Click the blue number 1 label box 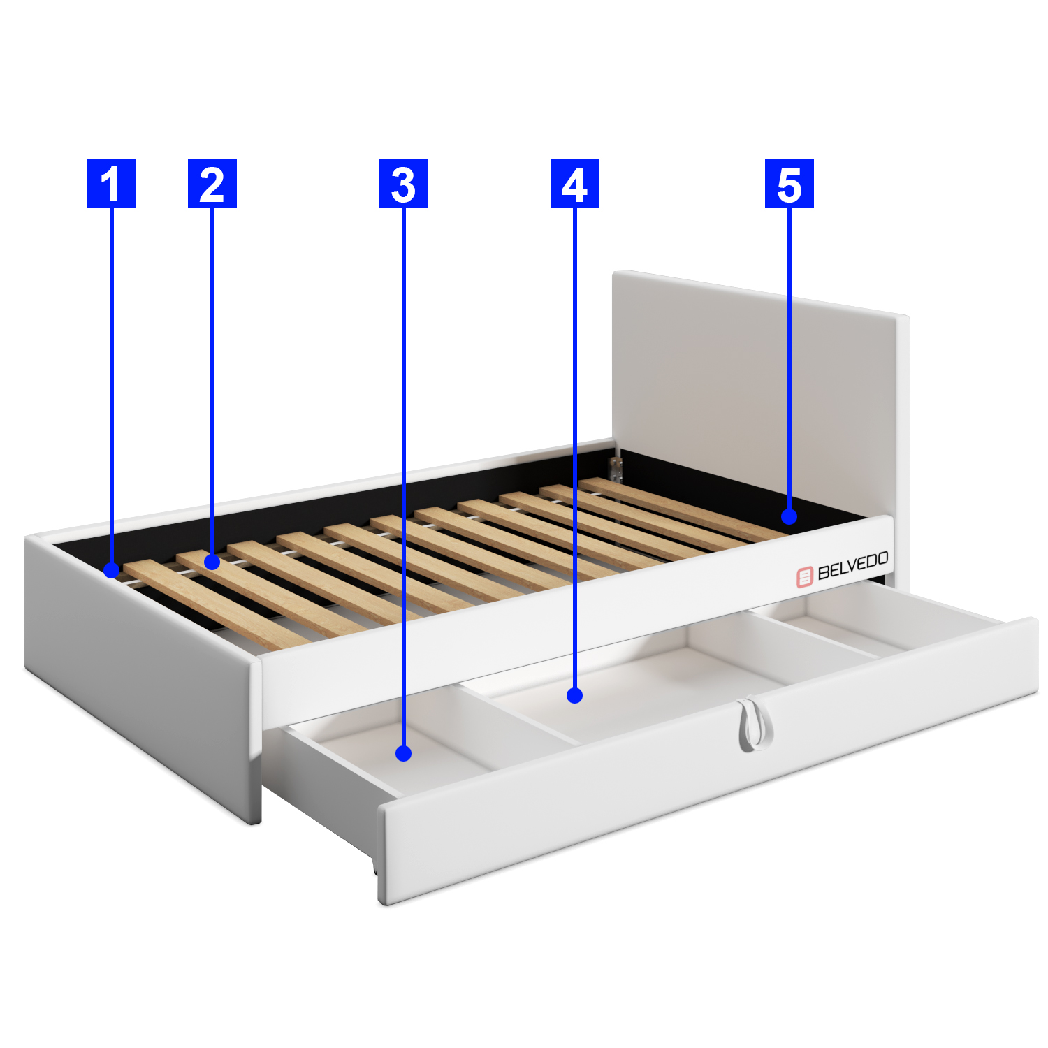pos(112,183)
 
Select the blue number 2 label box pos(212,184)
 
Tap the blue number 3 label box pos(404,184)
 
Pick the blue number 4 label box pos(575,184)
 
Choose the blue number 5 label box pos(789,184)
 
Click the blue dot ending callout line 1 pos(112,570)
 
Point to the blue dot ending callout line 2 pos(212,561)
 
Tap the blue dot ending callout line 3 pos(403,753)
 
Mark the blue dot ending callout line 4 pos(575,695)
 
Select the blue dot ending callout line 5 pos(789,516)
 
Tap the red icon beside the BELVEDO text pos(806,577)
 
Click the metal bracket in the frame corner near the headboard pos(616,470)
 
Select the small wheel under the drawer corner pos(375,868)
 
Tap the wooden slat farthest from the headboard pos(217,604)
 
